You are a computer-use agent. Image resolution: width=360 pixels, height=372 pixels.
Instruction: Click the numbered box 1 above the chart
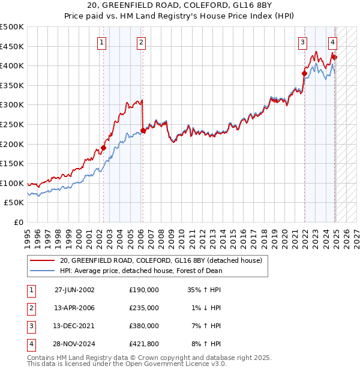(102, 42)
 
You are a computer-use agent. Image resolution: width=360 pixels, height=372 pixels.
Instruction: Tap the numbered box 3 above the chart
(302, 42)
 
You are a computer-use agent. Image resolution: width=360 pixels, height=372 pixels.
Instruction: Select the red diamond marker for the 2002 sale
(103, 148)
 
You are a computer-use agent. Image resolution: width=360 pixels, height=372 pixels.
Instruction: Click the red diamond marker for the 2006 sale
(143, 130)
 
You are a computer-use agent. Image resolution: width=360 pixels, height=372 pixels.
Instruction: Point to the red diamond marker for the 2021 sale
(304, 74)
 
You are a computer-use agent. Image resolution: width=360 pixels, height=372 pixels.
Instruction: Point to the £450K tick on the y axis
(12, 46)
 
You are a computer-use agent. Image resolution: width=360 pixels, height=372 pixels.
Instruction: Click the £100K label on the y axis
(12, 183)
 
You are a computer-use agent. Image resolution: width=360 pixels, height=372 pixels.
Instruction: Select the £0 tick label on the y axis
(18, 222)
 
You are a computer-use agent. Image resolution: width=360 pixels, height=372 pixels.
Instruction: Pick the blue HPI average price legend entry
(141, 271)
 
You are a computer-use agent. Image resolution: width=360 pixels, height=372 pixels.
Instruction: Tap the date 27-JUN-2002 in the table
(74, 290)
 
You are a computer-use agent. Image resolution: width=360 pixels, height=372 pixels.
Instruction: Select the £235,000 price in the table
(144, 308)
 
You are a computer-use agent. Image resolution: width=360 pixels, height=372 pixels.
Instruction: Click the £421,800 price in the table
(144, 344)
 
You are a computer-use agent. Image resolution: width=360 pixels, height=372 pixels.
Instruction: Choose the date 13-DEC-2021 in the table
(74, 326)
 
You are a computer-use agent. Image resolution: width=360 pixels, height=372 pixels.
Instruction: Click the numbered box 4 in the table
(30, 344)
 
